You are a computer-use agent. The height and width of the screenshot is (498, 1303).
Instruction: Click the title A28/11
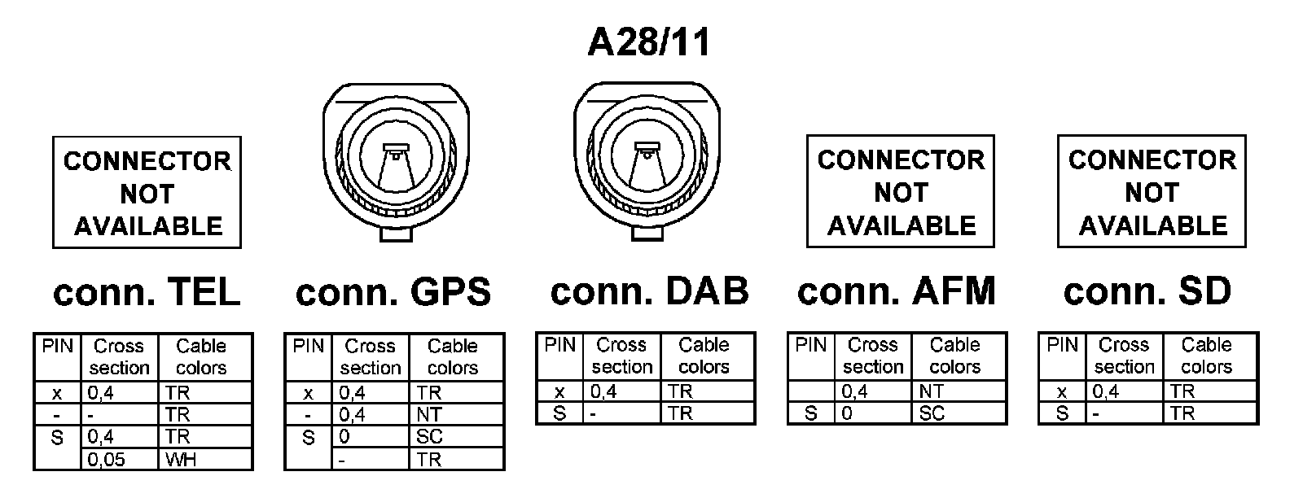point(650,41)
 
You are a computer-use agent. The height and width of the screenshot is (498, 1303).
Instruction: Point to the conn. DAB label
point(649,291)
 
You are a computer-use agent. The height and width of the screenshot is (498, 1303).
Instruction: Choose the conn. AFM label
point(897,291)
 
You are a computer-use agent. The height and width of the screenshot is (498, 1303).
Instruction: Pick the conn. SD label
point(1147,291)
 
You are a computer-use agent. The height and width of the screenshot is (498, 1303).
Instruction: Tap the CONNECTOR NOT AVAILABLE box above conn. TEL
point(147,193)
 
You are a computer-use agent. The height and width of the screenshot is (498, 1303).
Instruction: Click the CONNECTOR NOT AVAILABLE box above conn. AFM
point(901,192)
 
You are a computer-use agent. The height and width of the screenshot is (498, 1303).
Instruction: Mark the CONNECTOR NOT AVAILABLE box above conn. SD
point(1152,192)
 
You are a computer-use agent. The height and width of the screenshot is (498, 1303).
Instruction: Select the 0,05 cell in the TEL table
point(107,460)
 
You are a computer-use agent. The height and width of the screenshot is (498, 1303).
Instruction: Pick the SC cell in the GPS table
point(429,437)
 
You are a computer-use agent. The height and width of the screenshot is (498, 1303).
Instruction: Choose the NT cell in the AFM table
point(931,392)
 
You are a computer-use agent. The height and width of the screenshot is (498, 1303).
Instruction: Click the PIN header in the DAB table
point(559,345)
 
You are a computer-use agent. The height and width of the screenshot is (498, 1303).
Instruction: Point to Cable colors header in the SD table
point(1206,356)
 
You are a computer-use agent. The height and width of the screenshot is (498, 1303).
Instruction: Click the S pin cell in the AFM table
point(810,413)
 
